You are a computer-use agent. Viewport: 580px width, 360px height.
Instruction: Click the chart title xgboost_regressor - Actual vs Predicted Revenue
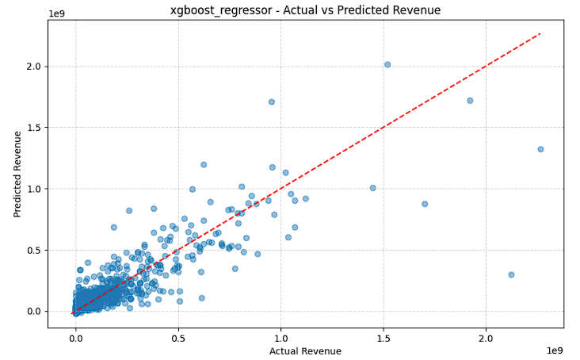click(305, 10)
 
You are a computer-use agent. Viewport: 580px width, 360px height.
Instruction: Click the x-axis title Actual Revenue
click(305, 351)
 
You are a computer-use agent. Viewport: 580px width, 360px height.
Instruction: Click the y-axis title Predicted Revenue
click(17, 174)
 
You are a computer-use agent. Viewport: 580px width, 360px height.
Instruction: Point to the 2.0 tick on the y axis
click(33, 67)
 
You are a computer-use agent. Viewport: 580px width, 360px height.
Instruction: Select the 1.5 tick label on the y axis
click(33, 128)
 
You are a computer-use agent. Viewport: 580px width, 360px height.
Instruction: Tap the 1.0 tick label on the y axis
click(33, 189)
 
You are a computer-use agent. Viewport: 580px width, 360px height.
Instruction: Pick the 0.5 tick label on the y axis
click(33, 251)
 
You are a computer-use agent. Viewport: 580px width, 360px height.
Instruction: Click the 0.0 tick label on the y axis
click(33, 312)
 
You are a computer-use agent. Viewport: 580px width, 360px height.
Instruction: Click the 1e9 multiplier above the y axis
click(56, 13)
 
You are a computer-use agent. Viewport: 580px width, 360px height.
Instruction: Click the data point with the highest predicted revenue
click(387, 65)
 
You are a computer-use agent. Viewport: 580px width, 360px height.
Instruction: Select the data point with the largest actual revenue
click(540, 149)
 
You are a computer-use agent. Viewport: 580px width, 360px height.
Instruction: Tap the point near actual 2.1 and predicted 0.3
click(511, 275)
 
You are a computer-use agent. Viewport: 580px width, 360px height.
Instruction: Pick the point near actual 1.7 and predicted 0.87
click(425, 204)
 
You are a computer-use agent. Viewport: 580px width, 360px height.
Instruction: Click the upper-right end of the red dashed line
click(540, 33)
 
